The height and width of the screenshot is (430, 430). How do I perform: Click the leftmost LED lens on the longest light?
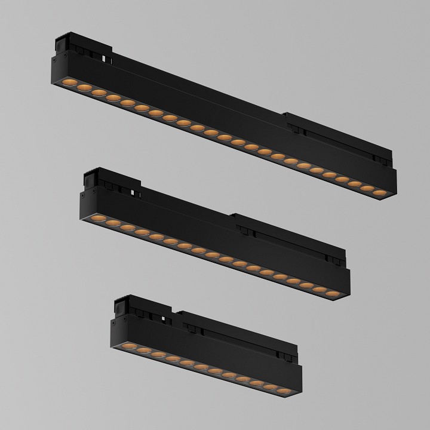coord(69,81)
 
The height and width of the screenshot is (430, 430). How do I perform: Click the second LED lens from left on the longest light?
coord(84,86)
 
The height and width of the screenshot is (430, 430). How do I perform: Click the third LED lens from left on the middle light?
coord(127,228)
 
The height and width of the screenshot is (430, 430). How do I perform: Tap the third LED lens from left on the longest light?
coord(98,91)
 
